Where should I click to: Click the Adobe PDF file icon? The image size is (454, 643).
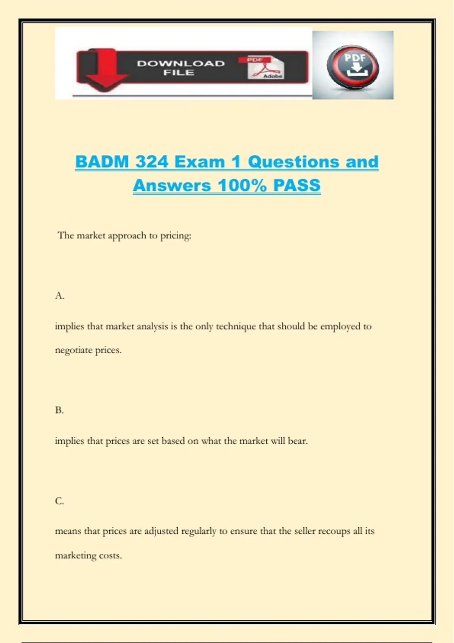266,68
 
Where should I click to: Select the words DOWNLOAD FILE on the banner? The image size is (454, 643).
180,68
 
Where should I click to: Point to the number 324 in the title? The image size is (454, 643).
152,162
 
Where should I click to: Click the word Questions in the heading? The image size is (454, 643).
294,162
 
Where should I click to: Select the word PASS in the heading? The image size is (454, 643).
297,185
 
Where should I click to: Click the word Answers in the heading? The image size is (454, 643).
172,185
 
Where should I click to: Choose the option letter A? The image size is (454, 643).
59,296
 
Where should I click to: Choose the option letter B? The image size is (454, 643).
59,410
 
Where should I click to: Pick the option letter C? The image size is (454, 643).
59,501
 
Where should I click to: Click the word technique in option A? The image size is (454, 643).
236,326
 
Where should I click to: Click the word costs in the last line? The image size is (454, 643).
110,556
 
